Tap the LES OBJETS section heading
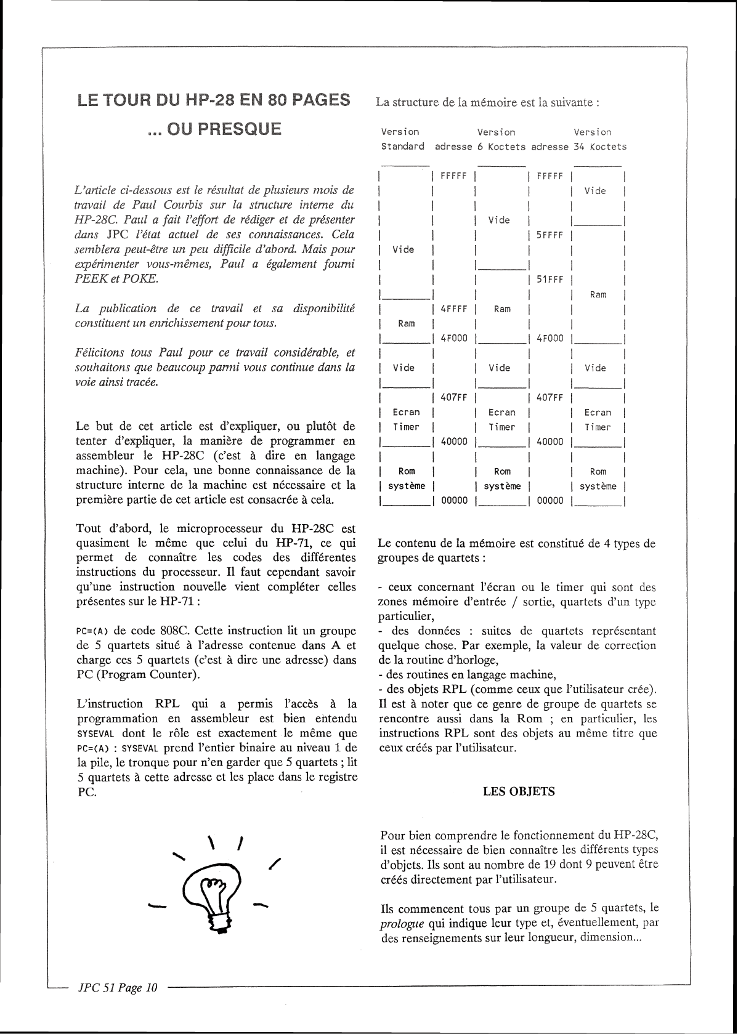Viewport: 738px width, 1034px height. (519, 792)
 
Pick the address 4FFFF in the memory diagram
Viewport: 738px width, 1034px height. (454, 309)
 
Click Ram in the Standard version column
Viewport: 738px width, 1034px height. (407, 324)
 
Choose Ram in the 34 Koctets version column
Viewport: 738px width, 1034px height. (598, 294)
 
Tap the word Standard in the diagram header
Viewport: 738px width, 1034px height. (403, 147)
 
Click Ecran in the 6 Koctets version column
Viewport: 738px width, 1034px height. (502, 413)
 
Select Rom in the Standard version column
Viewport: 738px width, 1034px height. (407, 472)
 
